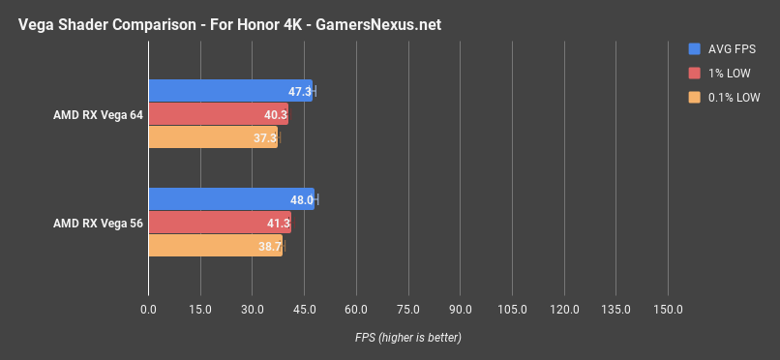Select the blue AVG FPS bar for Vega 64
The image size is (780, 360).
(x=230, y=91)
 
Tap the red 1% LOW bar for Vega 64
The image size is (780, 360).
(x=218, y=114)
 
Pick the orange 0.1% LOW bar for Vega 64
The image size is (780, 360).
(x=213, y=137)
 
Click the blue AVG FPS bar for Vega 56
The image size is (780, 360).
(x=231, y=199)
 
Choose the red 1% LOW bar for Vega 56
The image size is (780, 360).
(x=220, y=223)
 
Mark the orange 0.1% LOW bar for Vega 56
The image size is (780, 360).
(x=215, y=246)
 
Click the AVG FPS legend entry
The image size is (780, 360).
(x=725, y=47)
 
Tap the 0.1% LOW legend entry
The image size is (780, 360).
(x=727, y=97)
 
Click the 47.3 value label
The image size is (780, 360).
(x=300, y=92)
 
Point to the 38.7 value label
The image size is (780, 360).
(x=270, y=247)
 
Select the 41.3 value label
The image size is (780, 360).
(x=278, y=224)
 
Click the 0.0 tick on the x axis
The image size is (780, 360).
(x=148, y=309)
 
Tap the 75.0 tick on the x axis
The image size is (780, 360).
(x=407, y=309)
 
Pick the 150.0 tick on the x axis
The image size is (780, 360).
(x=668, y=309)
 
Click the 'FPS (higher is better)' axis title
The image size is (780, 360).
(x=406, y=337)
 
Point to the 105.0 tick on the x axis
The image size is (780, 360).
(x=512, y=309)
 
